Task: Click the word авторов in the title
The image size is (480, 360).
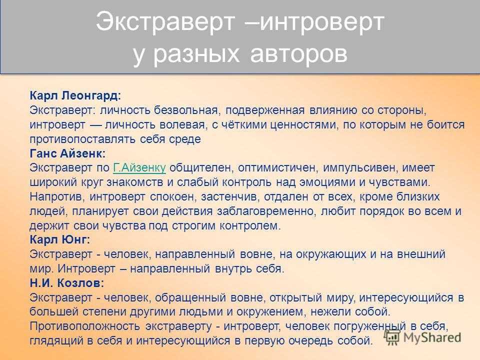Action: click(299, 53)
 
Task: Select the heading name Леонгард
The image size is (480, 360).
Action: click(91, 96)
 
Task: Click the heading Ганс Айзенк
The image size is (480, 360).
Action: click(67, 153)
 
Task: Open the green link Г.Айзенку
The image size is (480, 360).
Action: click(139, 168)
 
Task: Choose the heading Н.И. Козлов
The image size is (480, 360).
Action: click(66, 283)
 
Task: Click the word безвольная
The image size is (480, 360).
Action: click(186, 110)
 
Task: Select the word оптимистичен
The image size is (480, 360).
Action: click(278, 168)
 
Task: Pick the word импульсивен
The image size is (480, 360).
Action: click(360, 168)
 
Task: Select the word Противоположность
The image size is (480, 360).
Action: click(85, 326)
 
